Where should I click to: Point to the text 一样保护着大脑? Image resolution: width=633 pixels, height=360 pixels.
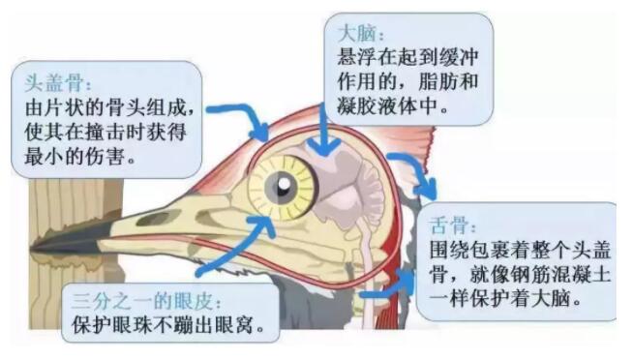503,301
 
